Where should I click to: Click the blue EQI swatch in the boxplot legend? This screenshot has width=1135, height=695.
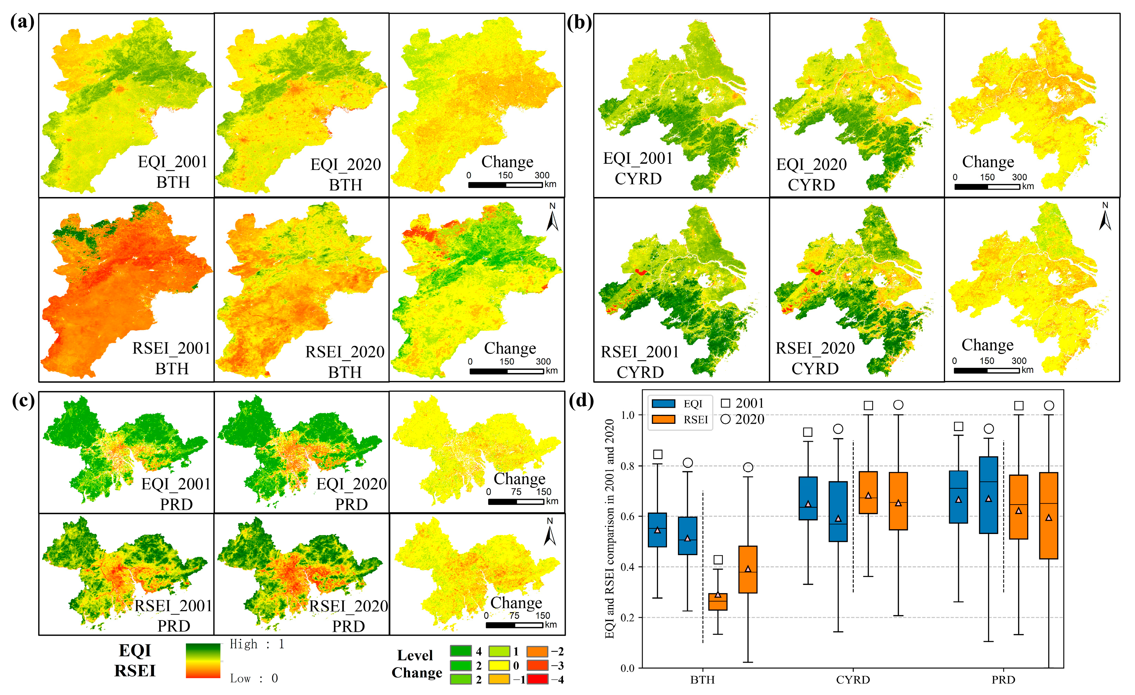pos(663,404)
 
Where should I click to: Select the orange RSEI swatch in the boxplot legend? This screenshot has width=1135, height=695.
pos(663,419)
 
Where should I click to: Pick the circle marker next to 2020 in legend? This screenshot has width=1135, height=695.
pos(726,419)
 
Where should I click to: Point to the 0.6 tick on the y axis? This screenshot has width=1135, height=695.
pos(627,516)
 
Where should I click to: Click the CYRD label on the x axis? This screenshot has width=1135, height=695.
pos(852,680)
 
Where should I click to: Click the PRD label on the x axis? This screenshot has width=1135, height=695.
pos(1003,680)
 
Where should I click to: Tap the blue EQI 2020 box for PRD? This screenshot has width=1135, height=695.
pos(988,495)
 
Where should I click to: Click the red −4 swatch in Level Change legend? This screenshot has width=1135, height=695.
pos(537,679)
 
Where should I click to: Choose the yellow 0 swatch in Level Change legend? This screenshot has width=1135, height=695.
pos(499,666)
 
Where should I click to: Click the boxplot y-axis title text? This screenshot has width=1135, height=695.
pos(609,528)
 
